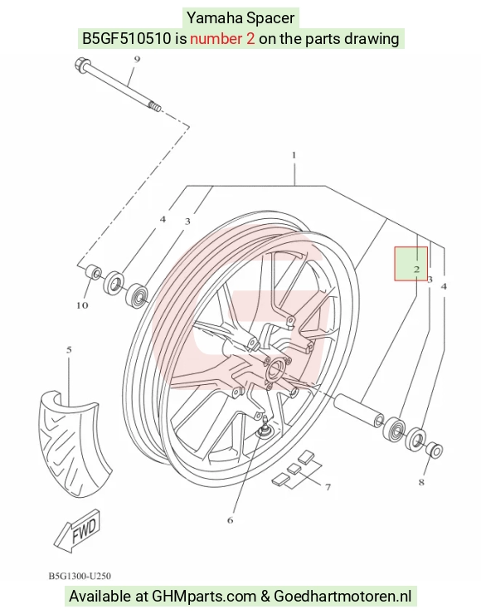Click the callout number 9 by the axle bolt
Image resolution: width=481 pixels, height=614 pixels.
[x=137, y=60]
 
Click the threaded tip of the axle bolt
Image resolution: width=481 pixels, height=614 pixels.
[x=154, y=105]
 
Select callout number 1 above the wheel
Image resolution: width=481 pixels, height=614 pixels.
[x=294, y=155]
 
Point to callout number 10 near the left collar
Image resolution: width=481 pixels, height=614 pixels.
[x=82, y=305]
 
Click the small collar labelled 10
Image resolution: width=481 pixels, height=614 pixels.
[x=94, y=272]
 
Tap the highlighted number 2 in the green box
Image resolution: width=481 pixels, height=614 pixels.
[x=416, y=269]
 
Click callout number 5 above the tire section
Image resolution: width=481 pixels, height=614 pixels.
[x=70, y=349]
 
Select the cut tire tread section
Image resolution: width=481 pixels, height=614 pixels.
[x=74, y=444]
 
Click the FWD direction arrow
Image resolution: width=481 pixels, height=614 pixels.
[x=78, y=531]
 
